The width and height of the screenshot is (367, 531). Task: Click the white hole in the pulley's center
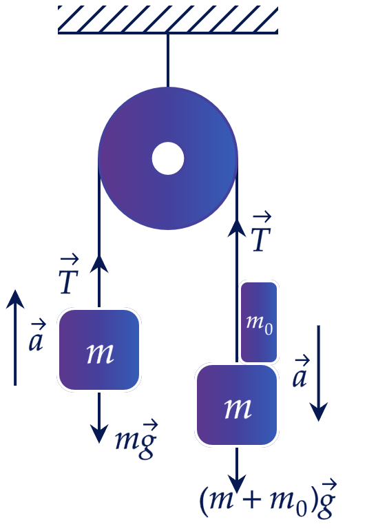(x=168, y=158)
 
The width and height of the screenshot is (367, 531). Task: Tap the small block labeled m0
(x=259, y=322)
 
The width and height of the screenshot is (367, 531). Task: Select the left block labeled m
(x=99, y=350)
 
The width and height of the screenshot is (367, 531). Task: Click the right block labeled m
(x=237, y=405)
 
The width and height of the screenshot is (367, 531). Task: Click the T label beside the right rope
(x=262, y=232)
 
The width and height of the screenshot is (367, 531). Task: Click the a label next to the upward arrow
(x=37, y=335)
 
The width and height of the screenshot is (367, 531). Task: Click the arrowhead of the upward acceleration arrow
(x=15, y=299)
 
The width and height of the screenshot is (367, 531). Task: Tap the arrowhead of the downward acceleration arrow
(x=319, y=412)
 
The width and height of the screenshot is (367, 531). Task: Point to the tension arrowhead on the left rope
(x=99, y=264)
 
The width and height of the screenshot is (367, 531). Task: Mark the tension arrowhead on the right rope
(x=237, y=227)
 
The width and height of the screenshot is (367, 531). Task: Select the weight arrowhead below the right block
(x=237, y=483)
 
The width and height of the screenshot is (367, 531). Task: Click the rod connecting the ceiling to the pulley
(x=167, y=61)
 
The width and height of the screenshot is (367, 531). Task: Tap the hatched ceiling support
(x=168, y=20)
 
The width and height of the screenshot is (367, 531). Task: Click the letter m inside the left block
(x=100, y=353)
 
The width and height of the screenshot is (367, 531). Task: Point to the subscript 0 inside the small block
(x=269, y=329)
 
